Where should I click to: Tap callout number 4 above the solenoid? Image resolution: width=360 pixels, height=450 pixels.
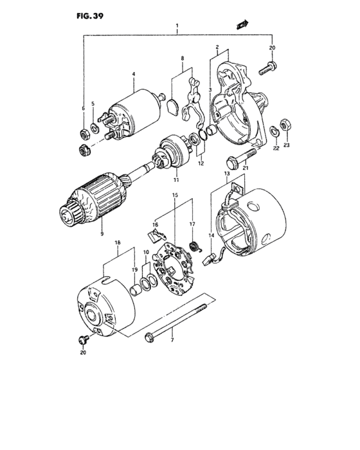[x=133, y=74]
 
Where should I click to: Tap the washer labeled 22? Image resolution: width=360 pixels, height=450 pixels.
[x=273, y=132]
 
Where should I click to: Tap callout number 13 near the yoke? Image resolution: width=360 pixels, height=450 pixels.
[x=227, y=174]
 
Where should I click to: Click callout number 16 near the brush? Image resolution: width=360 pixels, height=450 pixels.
[x=155, y=225]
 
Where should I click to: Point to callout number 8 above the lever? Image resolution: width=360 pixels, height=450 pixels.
[x=182, y=58]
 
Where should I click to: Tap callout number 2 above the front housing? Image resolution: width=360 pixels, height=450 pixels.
[x=218, y=47]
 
